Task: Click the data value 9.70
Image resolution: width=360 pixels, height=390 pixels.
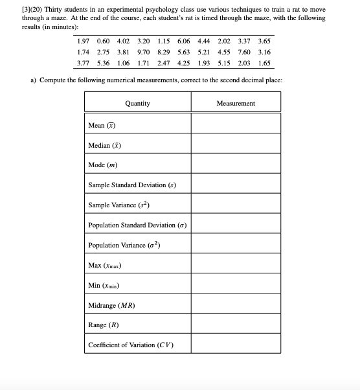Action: [144, 52]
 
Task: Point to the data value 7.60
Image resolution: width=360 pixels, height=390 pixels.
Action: [243, 52]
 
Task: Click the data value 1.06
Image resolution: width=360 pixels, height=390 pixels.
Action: [124, 64]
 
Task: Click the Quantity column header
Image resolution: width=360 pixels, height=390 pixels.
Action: [137, 103]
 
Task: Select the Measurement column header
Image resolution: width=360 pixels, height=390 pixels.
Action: [236, 103]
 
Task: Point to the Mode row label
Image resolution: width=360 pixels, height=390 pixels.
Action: [102, 165]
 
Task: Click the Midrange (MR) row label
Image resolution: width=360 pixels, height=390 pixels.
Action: [111, 304]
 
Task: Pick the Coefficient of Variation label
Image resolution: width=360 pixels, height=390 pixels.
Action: [130, 345]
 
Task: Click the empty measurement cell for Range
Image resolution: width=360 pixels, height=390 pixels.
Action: [236, 325]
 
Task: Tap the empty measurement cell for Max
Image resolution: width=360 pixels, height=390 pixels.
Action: [236, 265]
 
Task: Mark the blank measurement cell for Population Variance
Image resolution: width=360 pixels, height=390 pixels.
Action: [236, 245]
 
